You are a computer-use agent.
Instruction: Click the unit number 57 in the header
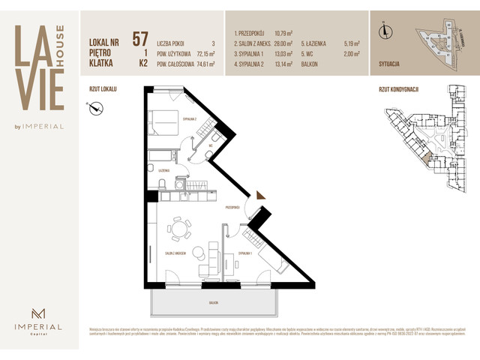(140, 39)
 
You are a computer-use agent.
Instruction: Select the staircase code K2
(139, 64)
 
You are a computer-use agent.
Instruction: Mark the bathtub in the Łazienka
(160, 157)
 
